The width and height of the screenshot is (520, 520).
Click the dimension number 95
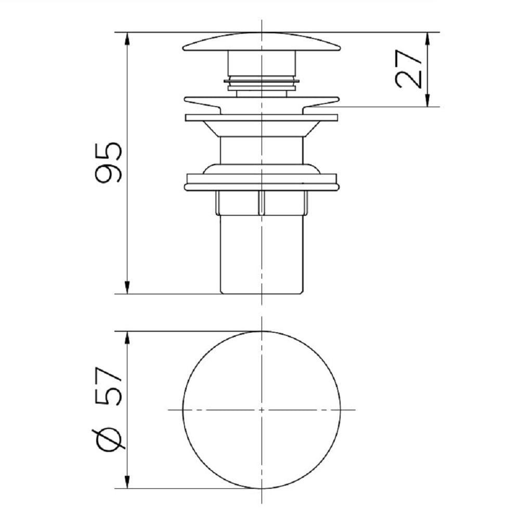coord(109,163)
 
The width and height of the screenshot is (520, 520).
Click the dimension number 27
coord(409,69)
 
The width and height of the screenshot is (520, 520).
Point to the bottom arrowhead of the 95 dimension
coord(127,287)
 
